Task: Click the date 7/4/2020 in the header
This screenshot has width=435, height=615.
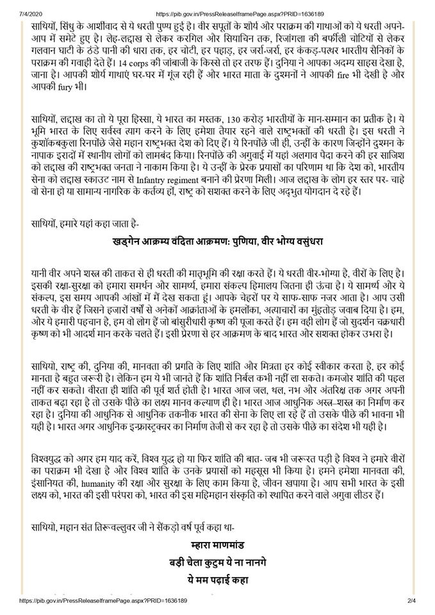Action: point(14,6)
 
